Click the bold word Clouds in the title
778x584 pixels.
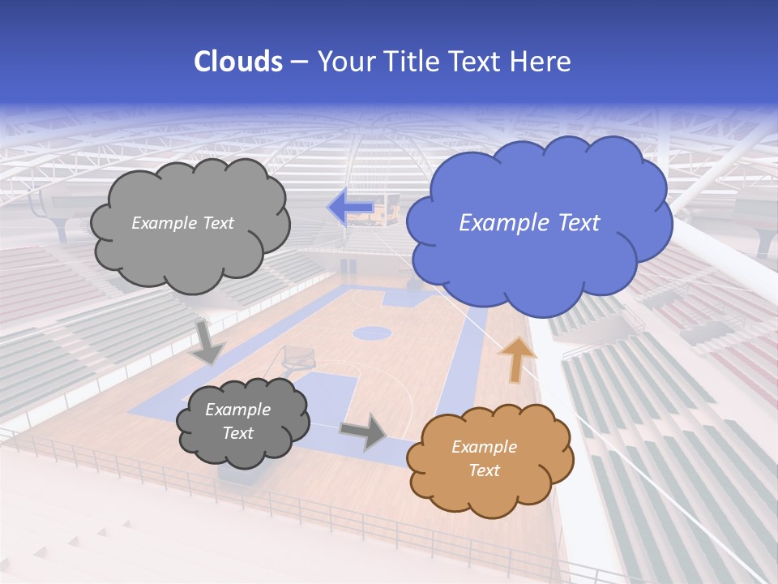click(x=238, y=62)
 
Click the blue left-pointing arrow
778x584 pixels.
click(x=350, y=207)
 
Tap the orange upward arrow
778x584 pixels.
click(x=516, y=359)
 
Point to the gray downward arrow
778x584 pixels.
click(x=208, y=341)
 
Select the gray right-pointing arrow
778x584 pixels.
click(x=364, y=431)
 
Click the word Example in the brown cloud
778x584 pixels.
click(x=484, y=447)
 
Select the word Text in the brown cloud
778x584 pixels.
click(x=484, y=470)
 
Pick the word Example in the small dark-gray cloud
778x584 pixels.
click(x=237, y=410)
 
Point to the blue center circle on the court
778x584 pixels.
click(x=372, y=332)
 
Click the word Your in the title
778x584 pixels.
click(x=341, y=62)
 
